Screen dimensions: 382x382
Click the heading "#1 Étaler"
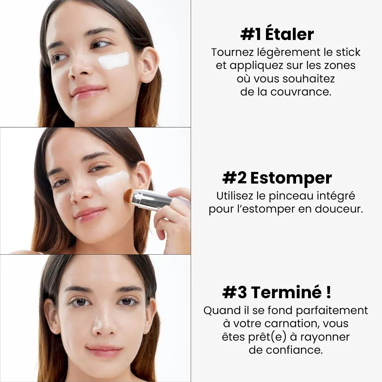click(277, 35)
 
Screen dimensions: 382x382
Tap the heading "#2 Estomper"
click(277, 178)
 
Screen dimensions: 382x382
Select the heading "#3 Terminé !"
click(277, 293)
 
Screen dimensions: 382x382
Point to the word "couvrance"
click(301, 92)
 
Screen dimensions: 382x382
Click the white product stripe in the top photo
click(114, 61)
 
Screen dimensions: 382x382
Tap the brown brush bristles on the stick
click(129, 196)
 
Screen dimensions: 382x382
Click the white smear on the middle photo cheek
click(112, 180)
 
